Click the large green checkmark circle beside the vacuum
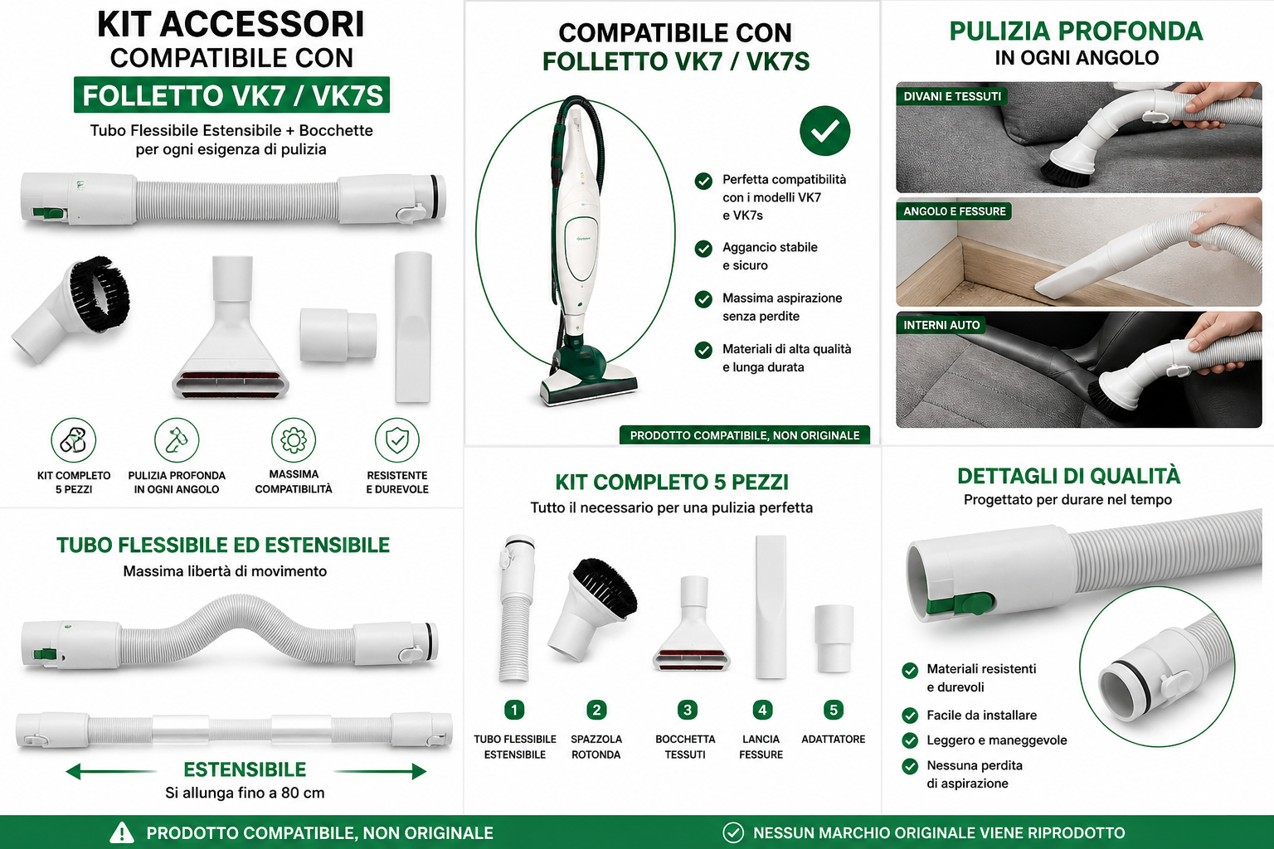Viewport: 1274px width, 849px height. pos(824,131)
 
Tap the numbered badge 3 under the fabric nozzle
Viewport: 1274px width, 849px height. pos(687,710)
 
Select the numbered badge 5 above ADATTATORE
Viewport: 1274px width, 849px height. pos(834,710)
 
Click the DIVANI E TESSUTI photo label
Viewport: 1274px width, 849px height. pos(952,96)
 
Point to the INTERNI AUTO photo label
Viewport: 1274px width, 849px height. pos(941,325)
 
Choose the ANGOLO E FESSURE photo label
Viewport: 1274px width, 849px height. pos(955,211)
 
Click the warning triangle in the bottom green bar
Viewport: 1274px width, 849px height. pos(122,833)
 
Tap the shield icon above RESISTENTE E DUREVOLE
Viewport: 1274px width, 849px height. pos(397,439)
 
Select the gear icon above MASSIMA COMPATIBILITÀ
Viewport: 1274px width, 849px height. pos(294,439)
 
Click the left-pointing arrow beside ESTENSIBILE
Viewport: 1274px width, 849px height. pos(111,772)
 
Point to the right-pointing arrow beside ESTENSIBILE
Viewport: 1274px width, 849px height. pos(380,772)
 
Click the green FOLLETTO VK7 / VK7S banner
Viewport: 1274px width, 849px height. pos(231,95)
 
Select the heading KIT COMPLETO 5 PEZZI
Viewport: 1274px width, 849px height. pos(672,483)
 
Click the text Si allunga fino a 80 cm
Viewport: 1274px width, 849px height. pos(246,793)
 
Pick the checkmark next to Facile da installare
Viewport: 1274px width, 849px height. pos(910,716)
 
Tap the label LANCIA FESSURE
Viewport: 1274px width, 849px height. pos(761,747)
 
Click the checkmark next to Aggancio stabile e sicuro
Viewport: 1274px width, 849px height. pos(703,249)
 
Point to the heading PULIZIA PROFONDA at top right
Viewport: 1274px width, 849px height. pos(1076,31)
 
